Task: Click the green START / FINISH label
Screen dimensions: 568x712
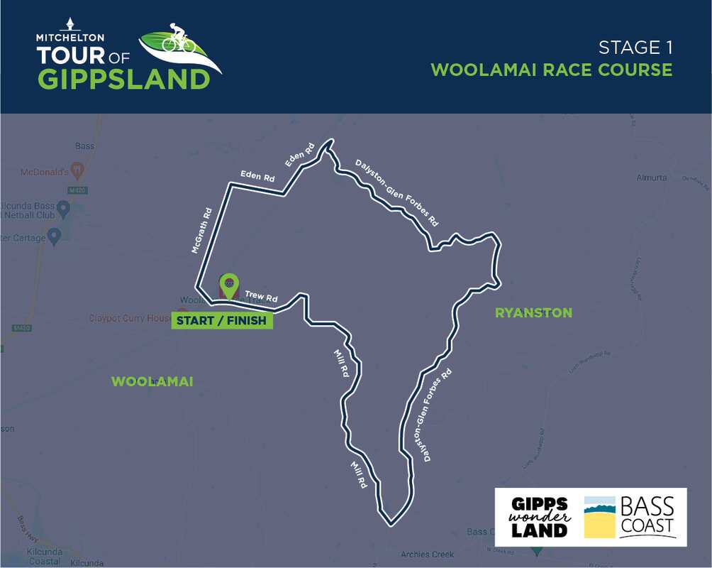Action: pos(221,320)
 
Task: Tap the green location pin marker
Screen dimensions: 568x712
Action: pos(228,285)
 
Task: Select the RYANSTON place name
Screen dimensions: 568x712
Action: pos(533,312)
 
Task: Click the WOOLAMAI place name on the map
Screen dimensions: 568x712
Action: pos(152,382)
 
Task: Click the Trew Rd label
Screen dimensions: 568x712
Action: pos(260,296)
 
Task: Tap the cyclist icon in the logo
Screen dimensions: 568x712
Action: pos(179,39)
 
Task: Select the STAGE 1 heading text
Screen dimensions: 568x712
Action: pos(635,48)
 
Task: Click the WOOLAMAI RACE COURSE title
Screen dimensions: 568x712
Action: pos(552,70)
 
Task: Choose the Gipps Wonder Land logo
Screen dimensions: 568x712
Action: pos(540,517)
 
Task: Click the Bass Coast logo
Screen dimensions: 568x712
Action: pos(630,517)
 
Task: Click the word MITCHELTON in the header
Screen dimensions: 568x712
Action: pos(70,37)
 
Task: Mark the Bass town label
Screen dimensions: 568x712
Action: pos(84,146)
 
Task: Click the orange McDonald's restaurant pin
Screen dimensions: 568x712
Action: pos(78,170)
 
